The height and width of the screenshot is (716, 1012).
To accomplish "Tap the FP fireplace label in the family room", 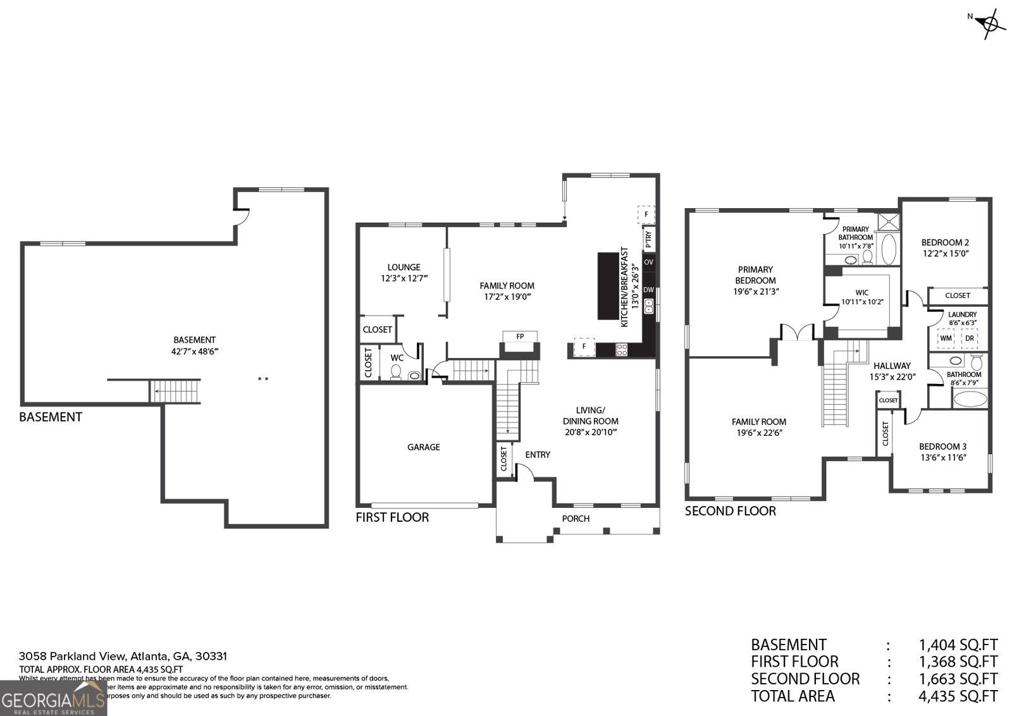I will coord(520,336).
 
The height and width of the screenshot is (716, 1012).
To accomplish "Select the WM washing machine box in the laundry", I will coord(946,338).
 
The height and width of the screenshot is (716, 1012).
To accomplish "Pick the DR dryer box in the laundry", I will coord(969,338).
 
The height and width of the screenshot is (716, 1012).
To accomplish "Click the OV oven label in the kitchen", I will coord(648,262).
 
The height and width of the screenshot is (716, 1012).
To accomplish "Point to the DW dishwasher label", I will coord(648,290).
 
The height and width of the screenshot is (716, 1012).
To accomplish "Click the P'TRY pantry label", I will coord(648,239).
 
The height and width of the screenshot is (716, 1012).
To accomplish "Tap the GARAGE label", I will coord(423,447).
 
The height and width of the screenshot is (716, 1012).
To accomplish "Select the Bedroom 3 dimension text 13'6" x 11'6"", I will coord(942,458).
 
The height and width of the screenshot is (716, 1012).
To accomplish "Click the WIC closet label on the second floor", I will coord(861,293).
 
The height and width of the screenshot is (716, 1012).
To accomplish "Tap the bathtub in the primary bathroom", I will coord(888,249).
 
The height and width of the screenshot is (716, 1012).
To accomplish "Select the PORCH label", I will coord(576,519).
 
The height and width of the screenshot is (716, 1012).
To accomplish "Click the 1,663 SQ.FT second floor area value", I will coord(958,679).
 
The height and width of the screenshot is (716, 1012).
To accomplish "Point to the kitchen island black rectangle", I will coord(608,286).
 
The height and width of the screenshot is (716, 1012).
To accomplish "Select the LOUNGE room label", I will coord(404,268).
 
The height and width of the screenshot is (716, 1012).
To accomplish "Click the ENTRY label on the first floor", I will coord(538,455).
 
